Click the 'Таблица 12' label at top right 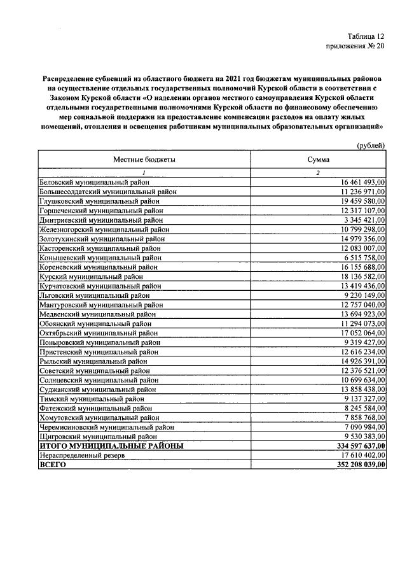(x=366, y=36)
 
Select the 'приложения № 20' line (x=355, y=46)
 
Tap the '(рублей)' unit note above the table (x=370, y=146)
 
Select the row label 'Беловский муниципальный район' (x=94, y=183)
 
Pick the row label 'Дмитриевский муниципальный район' (x=101, y=220)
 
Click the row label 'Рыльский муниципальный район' (x=93, y=361)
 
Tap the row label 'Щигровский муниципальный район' (x=98, y=437)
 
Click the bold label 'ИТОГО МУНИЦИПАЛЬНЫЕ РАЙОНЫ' (x=112, y=446)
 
